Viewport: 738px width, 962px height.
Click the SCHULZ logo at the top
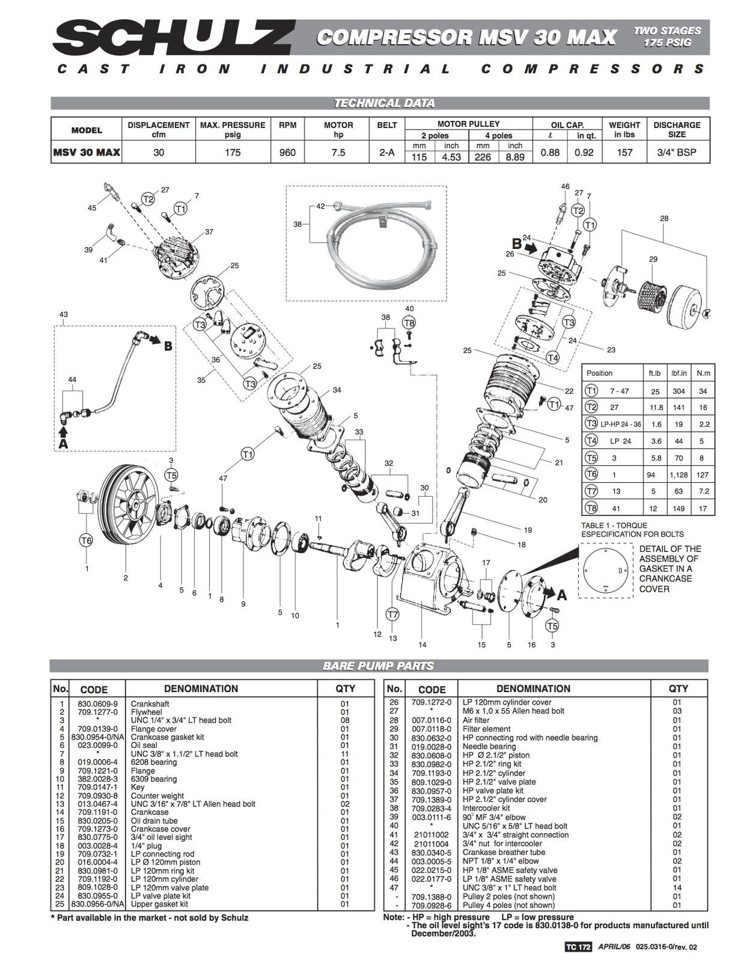click(174, 38)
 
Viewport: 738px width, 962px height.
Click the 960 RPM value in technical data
click(287, 153)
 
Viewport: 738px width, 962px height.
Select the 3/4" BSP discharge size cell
click(677, 153)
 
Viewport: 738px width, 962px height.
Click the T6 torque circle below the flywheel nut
click(86, 540)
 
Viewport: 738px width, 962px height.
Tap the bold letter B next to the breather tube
click(168, 346)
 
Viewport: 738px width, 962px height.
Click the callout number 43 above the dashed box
click(63, 314)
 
